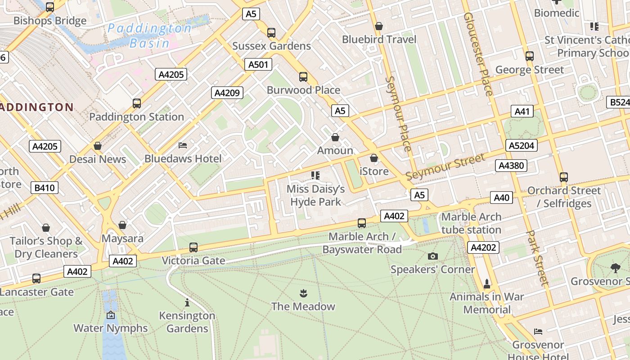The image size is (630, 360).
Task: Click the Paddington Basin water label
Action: [x=149, y=36]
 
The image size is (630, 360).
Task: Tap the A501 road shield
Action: [x=258, y=64]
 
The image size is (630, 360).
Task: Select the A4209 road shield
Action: [x=227, y=93]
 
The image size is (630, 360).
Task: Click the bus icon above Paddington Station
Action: [x=137, y=103]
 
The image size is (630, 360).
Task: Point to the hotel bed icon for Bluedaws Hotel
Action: [x=183, y=145]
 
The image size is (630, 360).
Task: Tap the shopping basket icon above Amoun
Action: [x=335, y=137]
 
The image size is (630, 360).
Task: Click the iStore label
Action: [x=374, y=171]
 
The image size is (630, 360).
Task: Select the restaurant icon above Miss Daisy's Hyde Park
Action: [x=315, y=175]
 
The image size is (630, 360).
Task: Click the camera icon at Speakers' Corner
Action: [x=432, y=256]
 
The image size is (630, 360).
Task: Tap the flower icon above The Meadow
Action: [x=303, y=293]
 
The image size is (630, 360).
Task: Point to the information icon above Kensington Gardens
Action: [x=187, y=302]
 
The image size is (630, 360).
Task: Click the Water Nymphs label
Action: [x=111, y=328]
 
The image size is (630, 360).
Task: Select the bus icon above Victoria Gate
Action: [x=193, y=247]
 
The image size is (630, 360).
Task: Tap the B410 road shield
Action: [x=45, y=188]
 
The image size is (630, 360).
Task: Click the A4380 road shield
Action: [x=512, y=166]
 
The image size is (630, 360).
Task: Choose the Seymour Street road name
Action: [x=445, y=166]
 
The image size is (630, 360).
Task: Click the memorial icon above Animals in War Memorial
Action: [x=486, y=284]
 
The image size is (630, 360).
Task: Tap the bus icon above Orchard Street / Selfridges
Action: [x=564, y=177]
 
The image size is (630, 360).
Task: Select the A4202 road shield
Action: [x=484, y=247]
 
